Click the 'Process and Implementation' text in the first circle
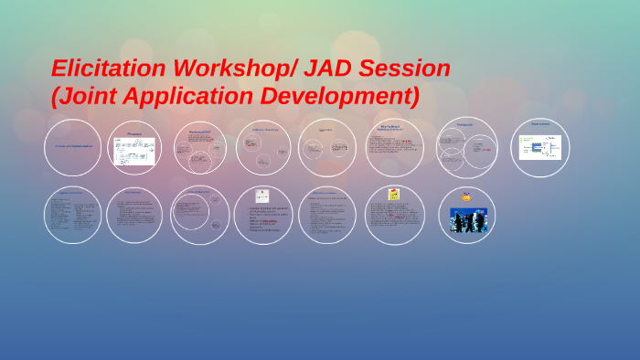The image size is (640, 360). coord(72,146)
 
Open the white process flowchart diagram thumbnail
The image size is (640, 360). coord(134,152)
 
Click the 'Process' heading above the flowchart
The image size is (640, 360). coord(134,134)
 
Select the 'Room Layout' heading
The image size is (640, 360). coord(539,124)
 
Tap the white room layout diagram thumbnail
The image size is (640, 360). coord(539,148)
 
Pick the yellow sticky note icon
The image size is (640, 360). coord(394,194)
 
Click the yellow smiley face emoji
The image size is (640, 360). coord(467,196)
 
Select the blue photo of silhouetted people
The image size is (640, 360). coord(467,220)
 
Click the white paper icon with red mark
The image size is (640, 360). coord(262,195)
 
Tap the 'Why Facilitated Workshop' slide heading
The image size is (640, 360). coord(393,129)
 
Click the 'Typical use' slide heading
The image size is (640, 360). coord(326,130)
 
